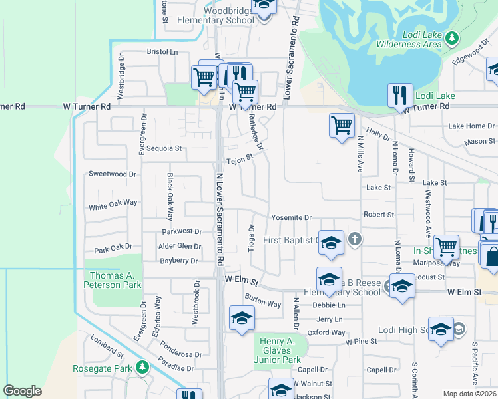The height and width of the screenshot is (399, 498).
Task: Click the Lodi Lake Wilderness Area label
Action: (x=413, y=39)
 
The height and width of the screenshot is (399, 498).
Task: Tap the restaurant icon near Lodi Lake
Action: (x=400, y=95)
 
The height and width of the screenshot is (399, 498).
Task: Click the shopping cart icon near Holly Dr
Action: (x=342, y=124)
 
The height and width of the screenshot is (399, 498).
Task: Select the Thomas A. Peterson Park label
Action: (x=116, y=280)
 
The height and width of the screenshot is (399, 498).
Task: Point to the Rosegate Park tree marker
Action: (x=141, y=367)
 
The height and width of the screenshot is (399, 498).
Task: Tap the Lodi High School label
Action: (x=404, y=330)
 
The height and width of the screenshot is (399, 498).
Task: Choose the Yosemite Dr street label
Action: (x=291, y=218)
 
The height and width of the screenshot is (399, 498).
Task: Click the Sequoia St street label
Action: (x=164, y=148)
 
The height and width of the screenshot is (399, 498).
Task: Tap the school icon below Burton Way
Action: (x=242, y=317)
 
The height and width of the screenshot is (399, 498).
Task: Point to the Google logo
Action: (x=22, y=391)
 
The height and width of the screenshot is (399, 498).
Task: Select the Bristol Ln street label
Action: (x=163, y=51)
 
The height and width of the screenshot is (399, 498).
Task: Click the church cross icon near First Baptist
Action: (x=356, y=239)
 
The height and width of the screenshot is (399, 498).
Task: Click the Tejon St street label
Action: (x=240, y=159)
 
